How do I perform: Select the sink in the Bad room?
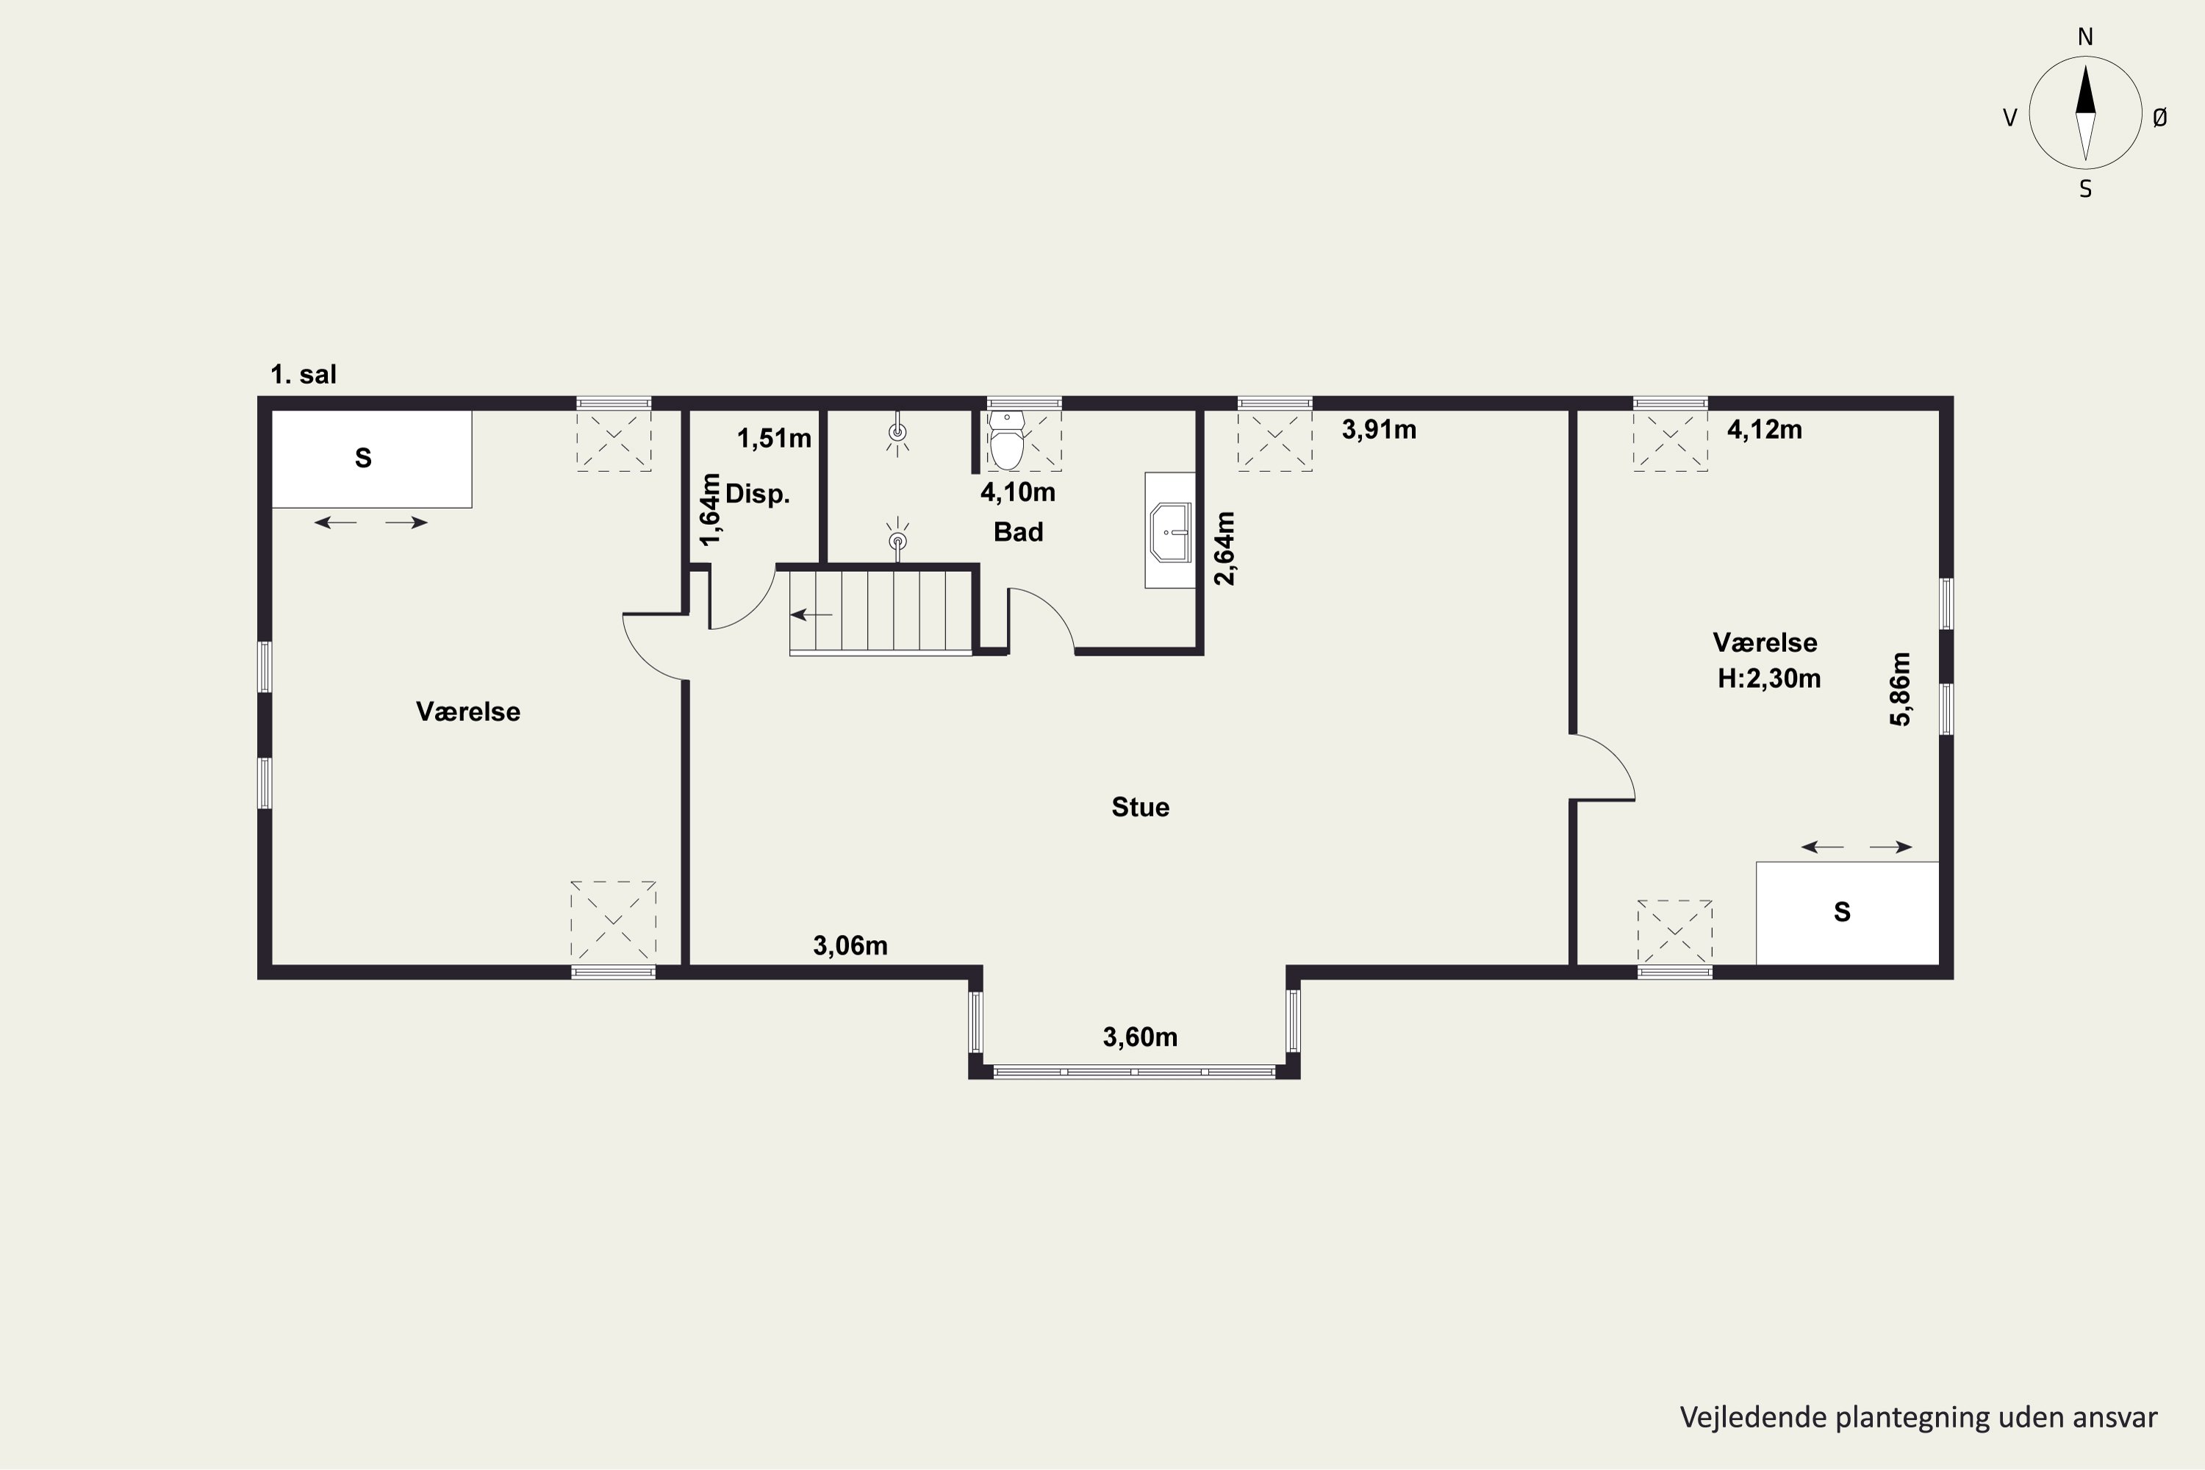(x=1170, y=531)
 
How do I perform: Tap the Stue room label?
(x=1140, y=807)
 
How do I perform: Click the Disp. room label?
(x=758, y=494)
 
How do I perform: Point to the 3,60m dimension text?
(x=1140, y=1037)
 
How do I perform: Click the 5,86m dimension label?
(x=1899, y=689)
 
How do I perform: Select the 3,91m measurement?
(x=1378, y=429)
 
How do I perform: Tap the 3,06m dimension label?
(x=850, y=946)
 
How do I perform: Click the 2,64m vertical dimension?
(x=1225, y=548)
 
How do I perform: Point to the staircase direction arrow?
(x=812, y=615)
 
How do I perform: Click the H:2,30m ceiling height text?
(x=1769, y=678)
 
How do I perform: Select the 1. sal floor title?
(x=303, y=375)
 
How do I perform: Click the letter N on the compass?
(x=2085, y=37)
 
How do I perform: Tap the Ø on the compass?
(x=2160, y=117)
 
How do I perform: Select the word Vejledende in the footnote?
(x=1740, y=1418)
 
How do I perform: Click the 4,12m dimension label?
(x=1765, y=429)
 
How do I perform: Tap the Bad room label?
(x=1018, y=532)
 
